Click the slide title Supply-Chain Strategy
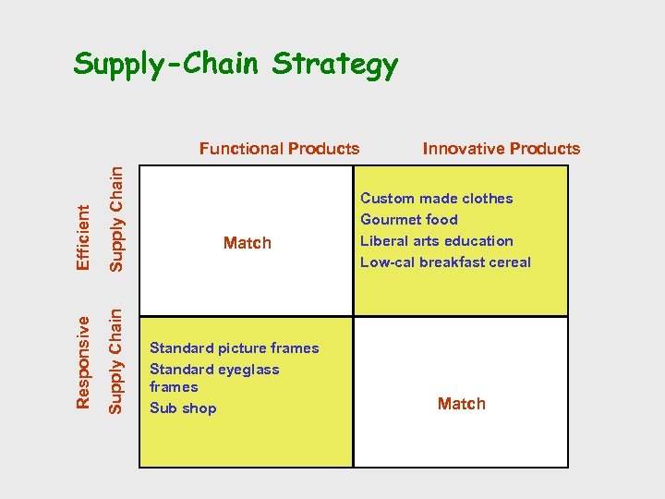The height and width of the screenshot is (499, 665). point(236,65)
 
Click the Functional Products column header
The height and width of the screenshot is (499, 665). point(279,149)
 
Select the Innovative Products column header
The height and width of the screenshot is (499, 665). point(501,149)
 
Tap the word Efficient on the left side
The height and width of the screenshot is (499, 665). point(83,237)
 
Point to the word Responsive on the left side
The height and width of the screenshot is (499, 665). point(83,361)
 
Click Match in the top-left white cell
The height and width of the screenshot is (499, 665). point(248,243)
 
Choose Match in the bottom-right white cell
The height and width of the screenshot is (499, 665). point(461,404)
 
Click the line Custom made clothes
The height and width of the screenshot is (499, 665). point(436,199)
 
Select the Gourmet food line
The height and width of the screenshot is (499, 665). point(408,220)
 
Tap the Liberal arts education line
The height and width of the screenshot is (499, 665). point(436,241)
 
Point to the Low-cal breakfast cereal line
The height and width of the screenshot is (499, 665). point(445,262)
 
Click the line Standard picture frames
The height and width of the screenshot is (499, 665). point(234,348)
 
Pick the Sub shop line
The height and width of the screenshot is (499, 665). point(183,408)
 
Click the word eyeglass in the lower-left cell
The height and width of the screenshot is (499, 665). point(245,370)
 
